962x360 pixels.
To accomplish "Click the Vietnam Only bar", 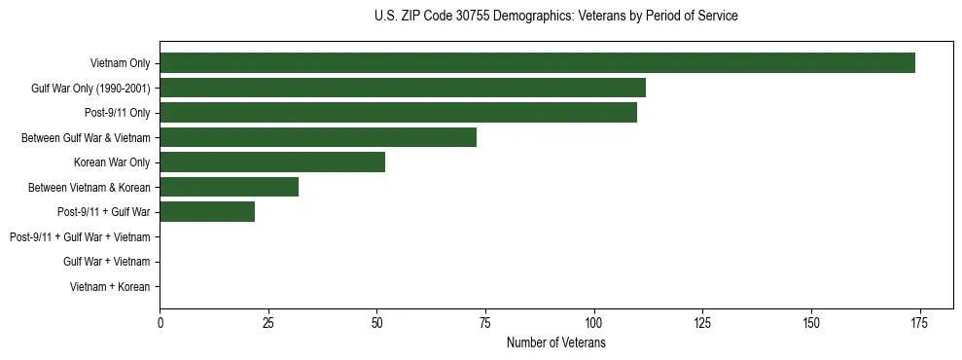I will tap(537, 63).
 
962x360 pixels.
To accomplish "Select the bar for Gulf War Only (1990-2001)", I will tap(403, 89).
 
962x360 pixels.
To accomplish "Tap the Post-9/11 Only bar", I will tap(398, 113).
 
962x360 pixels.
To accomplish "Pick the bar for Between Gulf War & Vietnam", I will tap(318, 138).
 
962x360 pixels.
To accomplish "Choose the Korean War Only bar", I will tap(272, 162).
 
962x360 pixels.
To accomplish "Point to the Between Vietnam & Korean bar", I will tap(230, 187).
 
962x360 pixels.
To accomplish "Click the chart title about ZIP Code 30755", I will tap(555, 17).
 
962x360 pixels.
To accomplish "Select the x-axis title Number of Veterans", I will tap(555, 343).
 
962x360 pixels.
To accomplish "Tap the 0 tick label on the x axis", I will tap(160, 323).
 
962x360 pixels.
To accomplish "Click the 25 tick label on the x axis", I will tap(268, 323).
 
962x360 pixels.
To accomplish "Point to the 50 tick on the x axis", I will tap(376, 323).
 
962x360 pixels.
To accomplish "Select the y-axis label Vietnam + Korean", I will tap(110, 287).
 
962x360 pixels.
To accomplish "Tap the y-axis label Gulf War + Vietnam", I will tap(106, 262).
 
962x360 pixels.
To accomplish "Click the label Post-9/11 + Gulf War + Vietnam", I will tap(80, 237).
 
